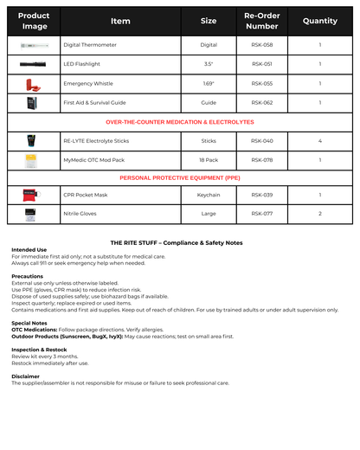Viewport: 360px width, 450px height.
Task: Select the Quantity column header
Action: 320,21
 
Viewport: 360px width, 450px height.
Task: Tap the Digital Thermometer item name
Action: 90,45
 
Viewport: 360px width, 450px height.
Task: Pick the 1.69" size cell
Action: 209,83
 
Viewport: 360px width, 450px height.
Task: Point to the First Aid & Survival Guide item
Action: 94,102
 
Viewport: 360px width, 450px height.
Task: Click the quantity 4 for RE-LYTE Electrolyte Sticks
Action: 320,140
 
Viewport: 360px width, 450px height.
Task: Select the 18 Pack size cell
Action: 209,159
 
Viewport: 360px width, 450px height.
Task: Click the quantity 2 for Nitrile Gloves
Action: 320,214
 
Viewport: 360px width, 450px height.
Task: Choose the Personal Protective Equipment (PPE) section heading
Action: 180,177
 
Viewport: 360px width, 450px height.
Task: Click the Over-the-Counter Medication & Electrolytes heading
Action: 180,122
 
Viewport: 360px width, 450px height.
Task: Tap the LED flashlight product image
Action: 34,64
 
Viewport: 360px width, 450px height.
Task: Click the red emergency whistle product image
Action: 34,83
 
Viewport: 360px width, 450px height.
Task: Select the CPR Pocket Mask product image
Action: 34,196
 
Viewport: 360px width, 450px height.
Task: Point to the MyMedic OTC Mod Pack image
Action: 34,159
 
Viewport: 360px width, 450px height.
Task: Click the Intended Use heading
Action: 29,250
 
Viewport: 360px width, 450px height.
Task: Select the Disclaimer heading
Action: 25,376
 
